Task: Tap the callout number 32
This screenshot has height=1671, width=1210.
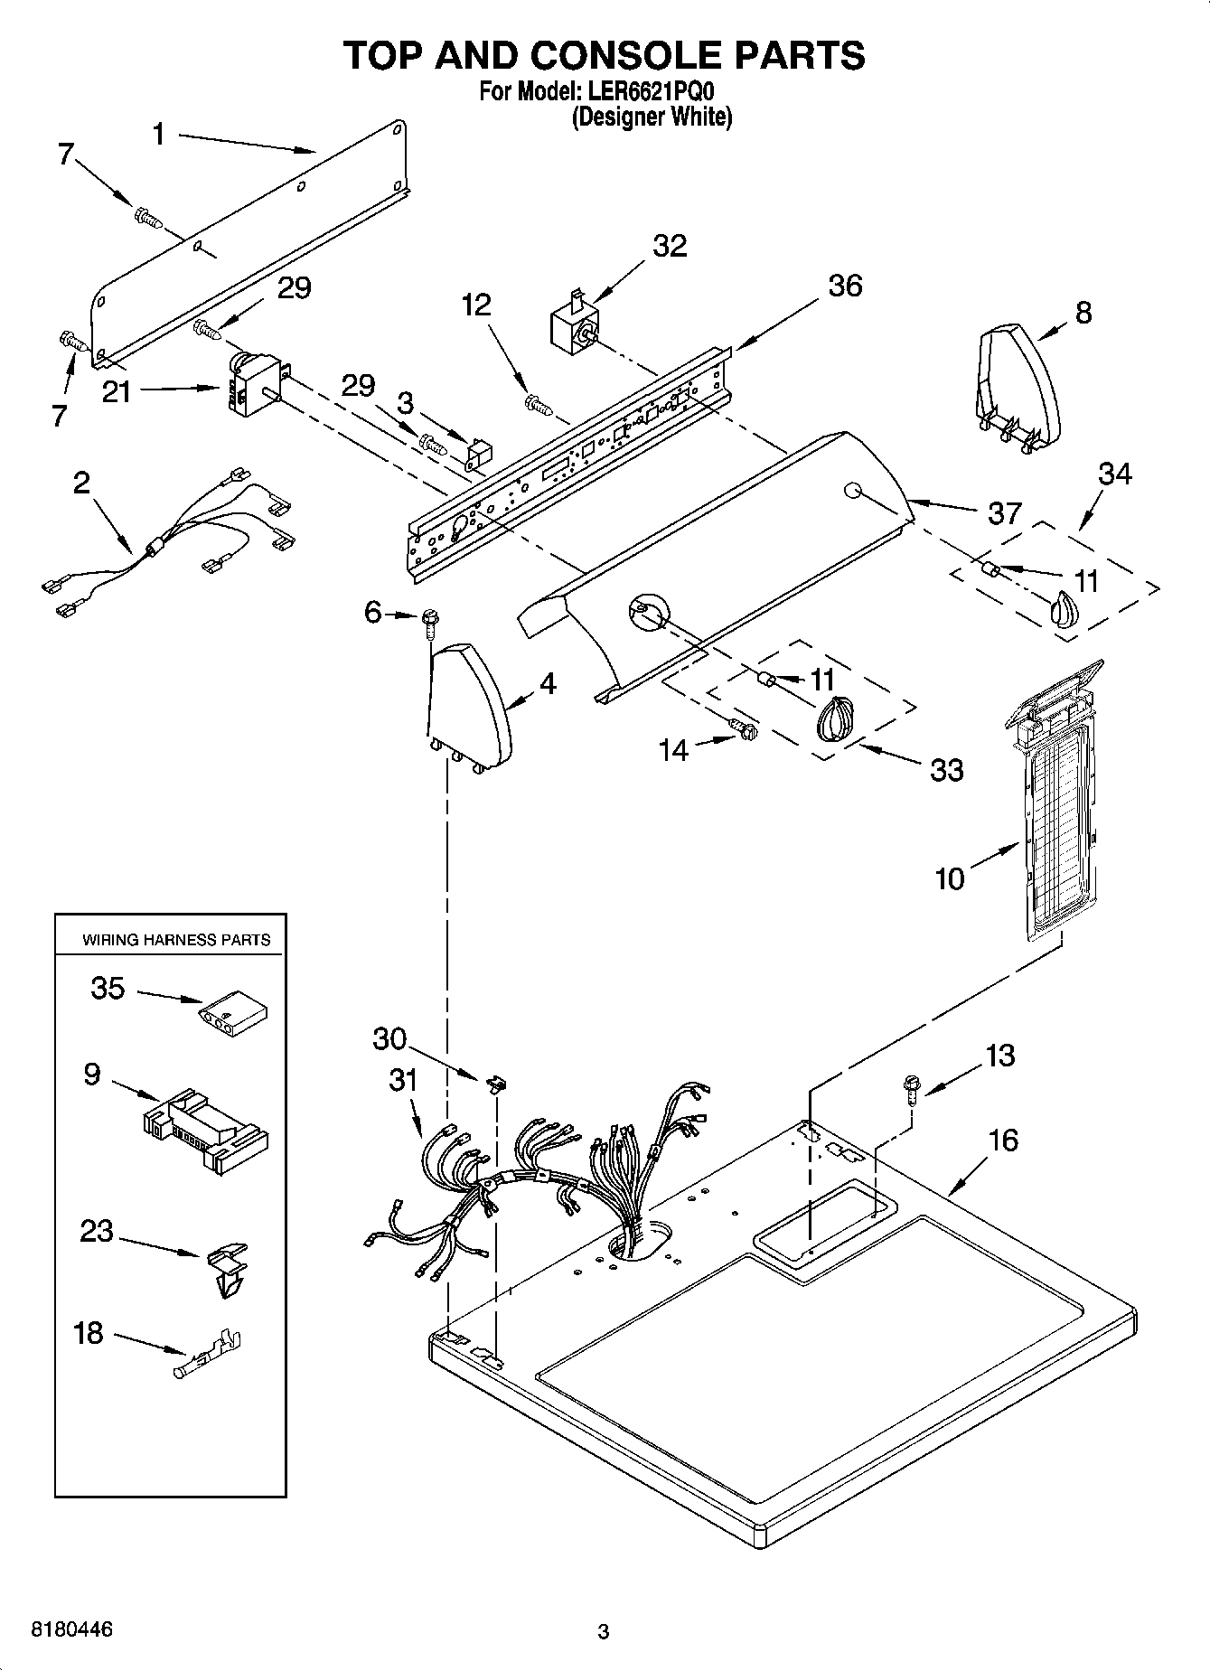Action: click(x=670, y=246)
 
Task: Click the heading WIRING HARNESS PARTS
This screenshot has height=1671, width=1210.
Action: click(x=176, y=940)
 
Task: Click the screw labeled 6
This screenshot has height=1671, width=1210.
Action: click(x=429, y=617)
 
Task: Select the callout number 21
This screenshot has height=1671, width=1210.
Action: click(x=117, y=392)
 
